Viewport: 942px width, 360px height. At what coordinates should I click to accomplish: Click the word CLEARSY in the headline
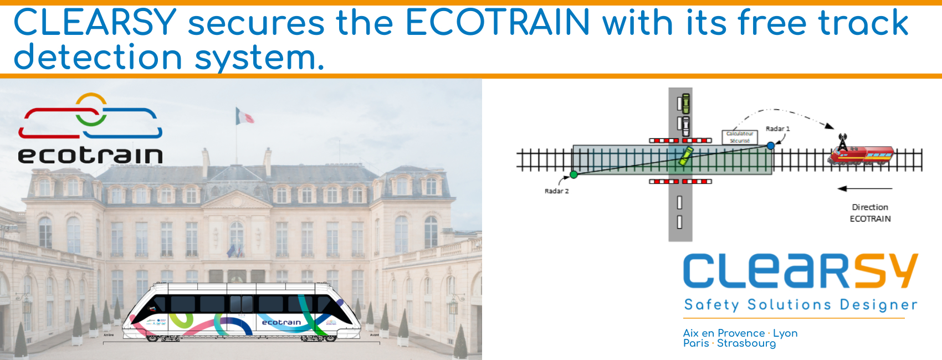point(95,23)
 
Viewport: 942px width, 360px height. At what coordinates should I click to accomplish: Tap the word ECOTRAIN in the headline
point(498,23)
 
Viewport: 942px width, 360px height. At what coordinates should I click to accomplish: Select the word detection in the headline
point(98,58)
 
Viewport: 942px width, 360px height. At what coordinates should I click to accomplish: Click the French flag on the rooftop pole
point(244,116)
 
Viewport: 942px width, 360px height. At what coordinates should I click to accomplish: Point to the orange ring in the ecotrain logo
point(91,103)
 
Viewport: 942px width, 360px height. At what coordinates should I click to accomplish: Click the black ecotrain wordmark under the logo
point(90,155)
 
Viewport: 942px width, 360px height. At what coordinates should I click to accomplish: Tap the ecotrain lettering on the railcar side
point(281,322)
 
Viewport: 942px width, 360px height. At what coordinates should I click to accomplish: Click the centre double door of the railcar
point(241,304)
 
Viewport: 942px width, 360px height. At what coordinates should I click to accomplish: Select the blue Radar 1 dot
point(771,146)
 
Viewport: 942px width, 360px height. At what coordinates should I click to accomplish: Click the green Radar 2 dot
point(574,174)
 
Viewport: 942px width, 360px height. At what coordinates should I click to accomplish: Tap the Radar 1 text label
point(777,129)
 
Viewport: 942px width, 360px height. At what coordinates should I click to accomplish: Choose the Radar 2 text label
point(556,191)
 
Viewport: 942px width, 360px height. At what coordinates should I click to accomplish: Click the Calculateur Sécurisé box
point(740,137)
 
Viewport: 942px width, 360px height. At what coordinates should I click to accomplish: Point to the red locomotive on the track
point(862,155)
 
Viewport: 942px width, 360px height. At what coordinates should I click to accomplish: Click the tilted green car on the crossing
point(686,156)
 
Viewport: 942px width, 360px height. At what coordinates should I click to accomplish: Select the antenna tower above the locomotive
point(842,142)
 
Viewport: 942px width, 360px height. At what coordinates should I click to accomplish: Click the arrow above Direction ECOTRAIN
point(864,189)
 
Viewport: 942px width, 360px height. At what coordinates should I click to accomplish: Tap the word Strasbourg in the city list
point(746,343)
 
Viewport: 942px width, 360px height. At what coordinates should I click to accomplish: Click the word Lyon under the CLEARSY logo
point(785,333)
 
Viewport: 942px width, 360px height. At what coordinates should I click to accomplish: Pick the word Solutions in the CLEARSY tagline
point(789,305)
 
